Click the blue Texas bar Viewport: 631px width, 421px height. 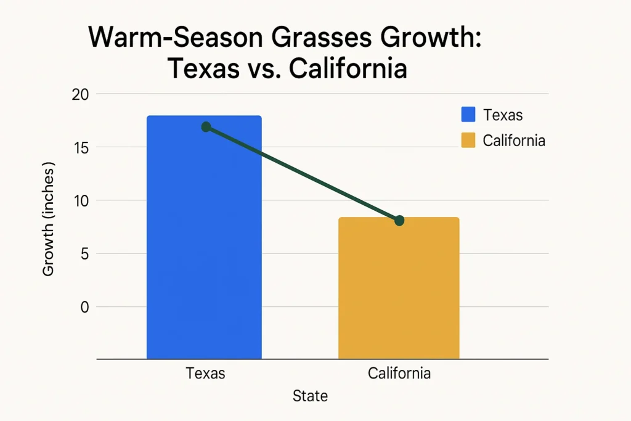point(203,247)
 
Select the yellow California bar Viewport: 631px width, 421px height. point(399,290)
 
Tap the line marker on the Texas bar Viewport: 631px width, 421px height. point(206,127)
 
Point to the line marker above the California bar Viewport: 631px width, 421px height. point(399,220)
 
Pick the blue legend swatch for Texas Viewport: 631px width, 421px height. point(468,115)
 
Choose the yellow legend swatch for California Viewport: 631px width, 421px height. point(468,141)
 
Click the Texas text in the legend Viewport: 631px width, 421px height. point(503,115)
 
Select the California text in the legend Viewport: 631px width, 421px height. point(514,141)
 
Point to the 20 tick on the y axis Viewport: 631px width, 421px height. point(81,94)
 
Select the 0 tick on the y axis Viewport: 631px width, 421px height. point(85,307)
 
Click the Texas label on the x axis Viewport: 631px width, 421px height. point(205,374)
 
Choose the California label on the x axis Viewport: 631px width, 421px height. point(399,374)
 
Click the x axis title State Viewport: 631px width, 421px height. point(310,396)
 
